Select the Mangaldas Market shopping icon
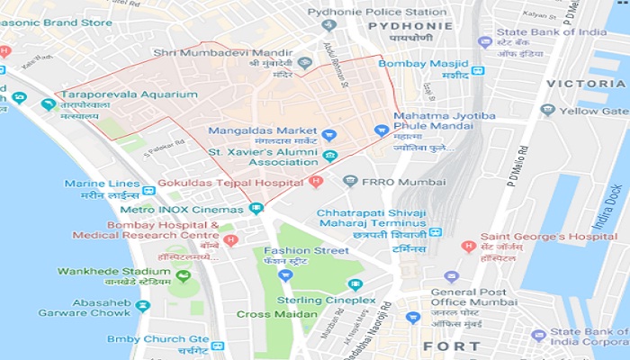(329, 135)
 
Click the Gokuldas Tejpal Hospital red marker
(315, 182)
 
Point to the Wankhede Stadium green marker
(184, 276)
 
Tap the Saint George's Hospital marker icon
(467, 246)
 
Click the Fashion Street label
(305, 250)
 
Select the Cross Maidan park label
(276, 314)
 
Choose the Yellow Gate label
(591, 111)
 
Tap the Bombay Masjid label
(423, 64)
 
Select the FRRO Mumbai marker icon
(351, 180)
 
